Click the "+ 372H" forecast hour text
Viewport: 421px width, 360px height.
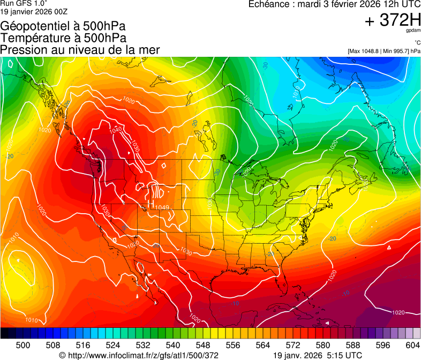point(393,20)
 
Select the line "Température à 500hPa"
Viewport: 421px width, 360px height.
point(63,38)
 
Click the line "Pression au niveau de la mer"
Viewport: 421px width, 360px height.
point(80,50)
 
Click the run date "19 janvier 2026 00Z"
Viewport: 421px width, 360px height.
point(34,11)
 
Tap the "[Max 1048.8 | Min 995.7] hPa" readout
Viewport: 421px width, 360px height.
point(384,51)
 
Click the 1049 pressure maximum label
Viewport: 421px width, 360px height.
point(162,207)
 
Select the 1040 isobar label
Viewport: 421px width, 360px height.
point(115,130)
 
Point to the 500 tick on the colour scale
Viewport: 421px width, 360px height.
point(23,344)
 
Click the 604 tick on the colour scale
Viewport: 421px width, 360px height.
point(412,344)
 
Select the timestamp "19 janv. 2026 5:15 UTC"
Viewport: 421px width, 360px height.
point(317,355)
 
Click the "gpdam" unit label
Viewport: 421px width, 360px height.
point(413,31)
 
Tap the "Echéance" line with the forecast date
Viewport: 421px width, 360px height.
point(334,4)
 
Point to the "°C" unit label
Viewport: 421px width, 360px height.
point(416,42)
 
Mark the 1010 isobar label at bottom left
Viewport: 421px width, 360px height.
point(32,320)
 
